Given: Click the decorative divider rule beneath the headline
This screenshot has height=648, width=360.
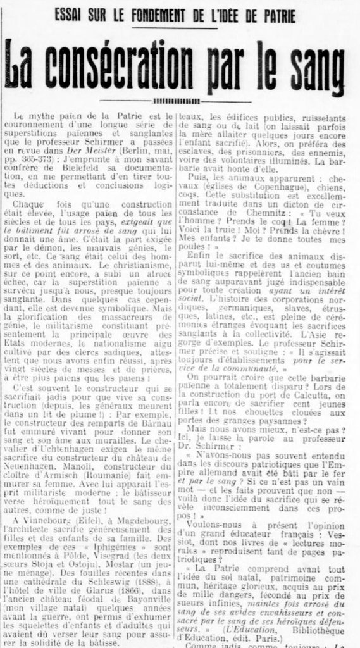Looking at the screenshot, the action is point(180,101).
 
